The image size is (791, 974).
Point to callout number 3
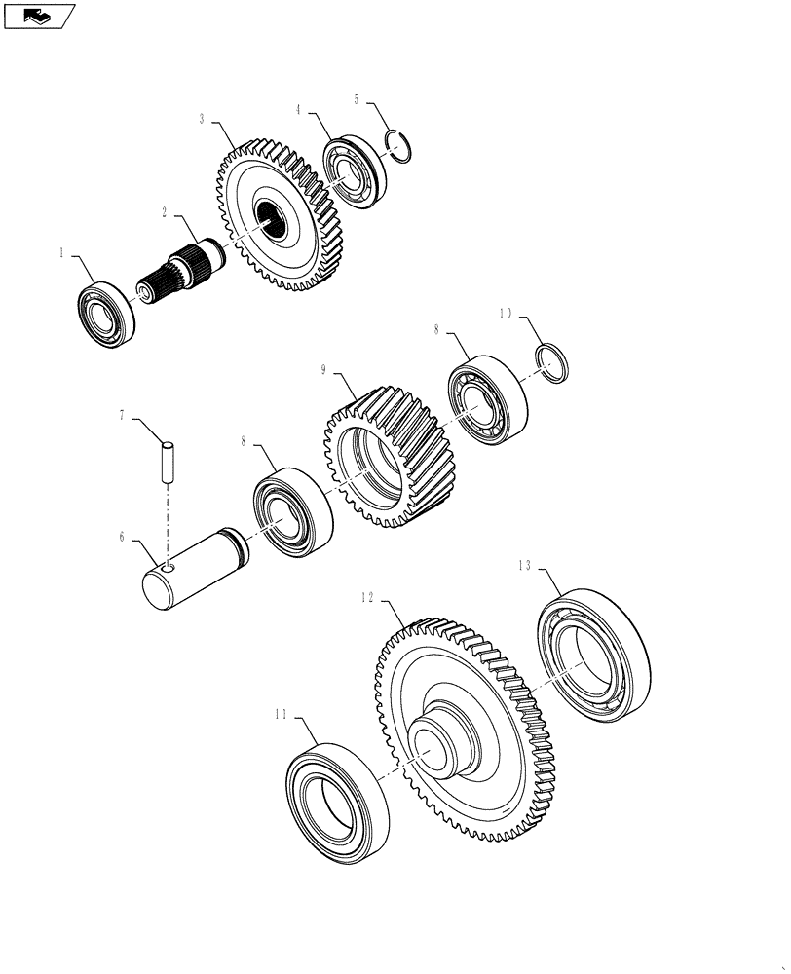pyautogui.click(x=202, y=119)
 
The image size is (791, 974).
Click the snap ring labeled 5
pyautogui.click(x=401, y=145)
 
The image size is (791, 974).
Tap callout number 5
pyautogui.click(x=357, y=98)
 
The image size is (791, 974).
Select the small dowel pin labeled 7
pyautogui.click(x=168, y=461)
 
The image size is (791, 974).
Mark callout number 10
pyautogui.click(x=505, y=314)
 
